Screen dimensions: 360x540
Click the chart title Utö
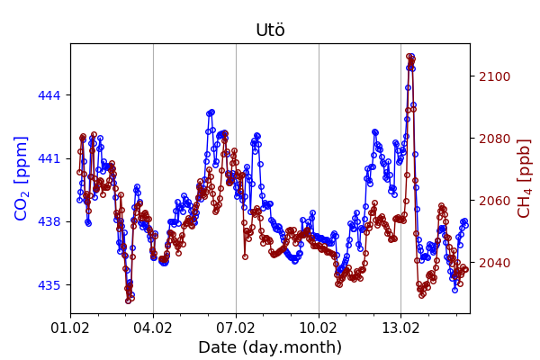pyautogui.click(x=270, y=31)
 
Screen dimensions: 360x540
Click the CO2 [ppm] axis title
pyautogui.click(x=22, y=178)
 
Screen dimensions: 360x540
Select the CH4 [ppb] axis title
pyautogui.click(x=524, y=178)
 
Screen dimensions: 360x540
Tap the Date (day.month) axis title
pyautogui.click(x=270, y=347)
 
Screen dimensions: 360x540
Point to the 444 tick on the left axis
pyautogui.click(x=50, y=95)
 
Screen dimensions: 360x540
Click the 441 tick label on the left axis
pyautogui.click(x=50, y=158)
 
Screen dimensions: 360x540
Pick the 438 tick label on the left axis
pyautogui.click(x=50, y=221)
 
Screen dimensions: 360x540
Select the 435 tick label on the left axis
pyautogui.click(x=50, y=285)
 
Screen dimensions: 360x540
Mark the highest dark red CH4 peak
pyautogui.click(x=409, y=57)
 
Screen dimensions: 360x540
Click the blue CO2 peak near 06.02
pyautogui.click(x=211, y=112)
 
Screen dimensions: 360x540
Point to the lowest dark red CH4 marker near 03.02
pyautogui.click(x=129, y=301)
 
